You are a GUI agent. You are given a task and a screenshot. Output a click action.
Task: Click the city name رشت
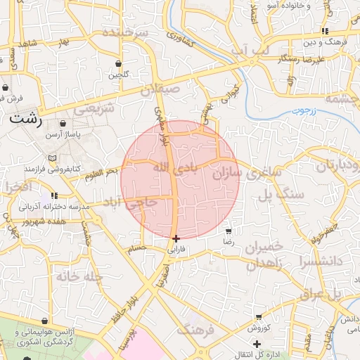(x=26, y=119)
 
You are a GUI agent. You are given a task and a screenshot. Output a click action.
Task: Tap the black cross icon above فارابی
(x=175, y=238)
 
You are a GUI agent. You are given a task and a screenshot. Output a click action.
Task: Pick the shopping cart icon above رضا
(x=228, y=231)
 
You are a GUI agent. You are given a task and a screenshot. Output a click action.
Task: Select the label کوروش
(x=258, y=328)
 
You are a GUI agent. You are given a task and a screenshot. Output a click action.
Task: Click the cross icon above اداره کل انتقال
(x=257, y=343)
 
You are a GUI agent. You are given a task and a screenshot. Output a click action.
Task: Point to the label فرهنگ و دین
(x=324, y=42)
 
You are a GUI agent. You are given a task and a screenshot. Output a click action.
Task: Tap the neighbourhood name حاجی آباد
(x=141, y=204)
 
